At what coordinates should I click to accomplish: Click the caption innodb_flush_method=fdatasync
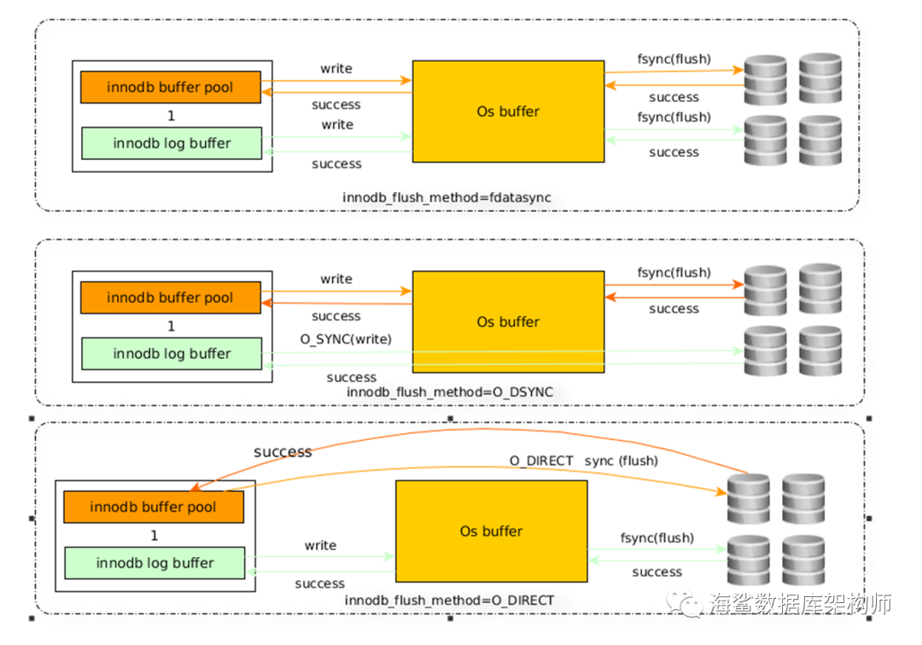tap(446, 197)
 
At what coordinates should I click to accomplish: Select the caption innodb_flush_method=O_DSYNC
tap(450, 392)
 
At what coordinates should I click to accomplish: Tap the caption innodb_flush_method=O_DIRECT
tap(449, 601)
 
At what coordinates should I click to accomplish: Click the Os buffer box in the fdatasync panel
tap(508, 111)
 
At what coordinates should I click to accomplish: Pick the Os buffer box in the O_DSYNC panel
tap(508, 322)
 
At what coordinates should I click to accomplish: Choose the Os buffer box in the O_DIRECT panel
tap(492, 531)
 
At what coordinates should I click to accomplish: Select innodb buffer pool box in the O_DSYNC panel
tap(171, 297)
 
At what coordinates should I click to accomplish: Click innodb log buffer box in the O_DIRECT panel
tap(155, 563)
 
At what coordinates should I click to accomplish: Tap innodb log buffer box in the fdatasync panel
tap(172, 143)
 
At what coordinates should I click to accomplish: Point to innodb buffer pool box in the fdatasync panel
tap(171, 87)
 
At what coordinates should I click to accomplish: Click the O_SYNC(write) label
tap(346, 339)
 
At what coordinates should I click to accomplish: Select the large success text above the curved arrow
tap(283, 452)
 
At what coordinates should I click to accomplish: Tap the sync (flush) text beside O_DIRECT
tap(621, 460)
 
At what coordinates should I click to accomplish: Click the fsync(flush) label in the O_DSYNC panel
tap(674, 273)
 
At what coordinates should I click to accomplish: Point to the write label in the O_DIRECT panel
tap(320, 546)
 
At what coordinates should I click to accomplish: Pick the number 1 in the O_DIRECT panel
tap(154, 536)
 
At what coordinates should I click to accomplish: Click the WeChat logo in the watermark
tap(685, 604)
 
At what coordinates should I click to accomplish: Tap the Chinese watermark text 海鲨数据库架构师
tap(800, 604)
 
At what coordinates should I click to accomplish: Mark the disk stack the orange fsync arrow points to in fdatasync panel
tap(766, 80)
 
